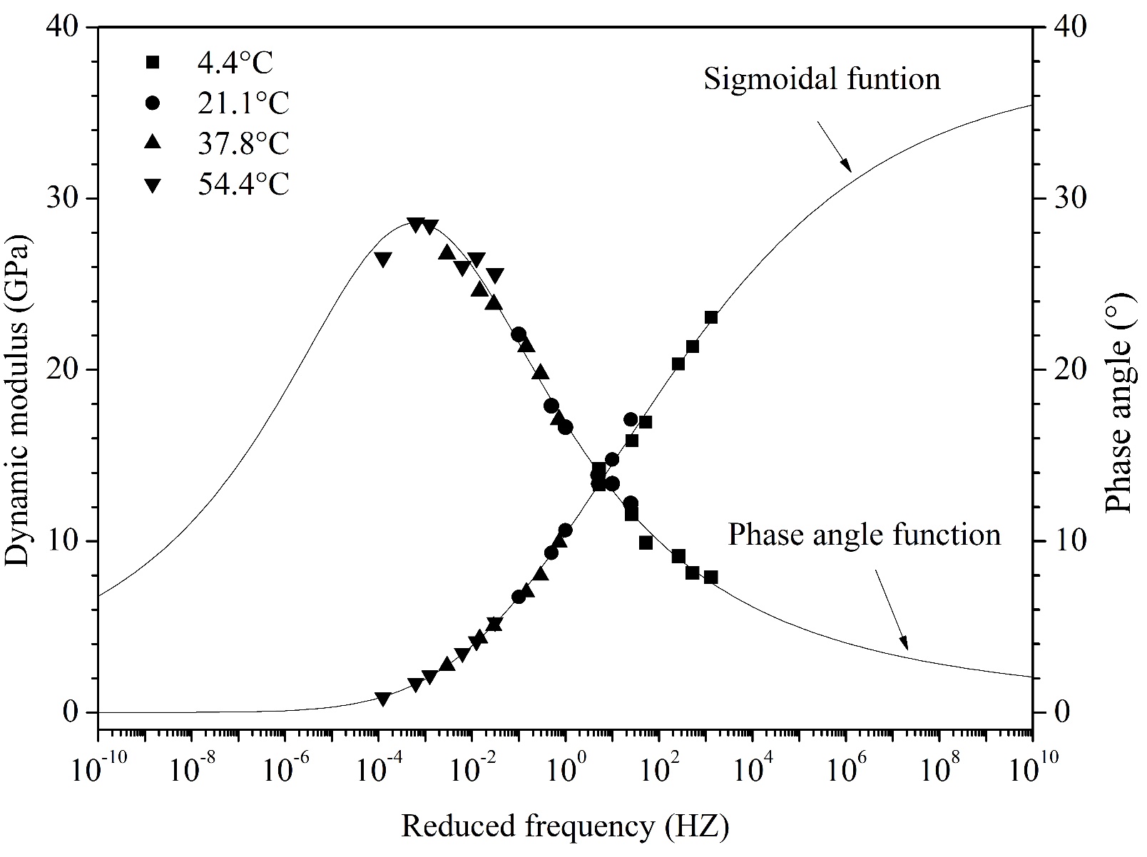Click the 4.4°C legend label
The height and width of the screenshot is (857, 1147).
(235, 63)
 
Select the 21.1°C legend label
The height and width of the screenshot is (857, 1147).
(243, 103)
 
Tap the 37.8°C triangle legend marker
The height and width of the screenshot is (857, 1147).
(153, 143)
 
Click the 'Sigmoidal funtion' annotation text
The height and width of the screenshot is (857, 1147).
(822, 78)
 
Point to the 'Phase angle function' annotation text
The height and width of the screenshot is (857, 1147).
(864, 534)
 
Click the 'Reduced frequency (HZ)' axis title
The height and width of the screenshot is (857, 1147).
(565, 826)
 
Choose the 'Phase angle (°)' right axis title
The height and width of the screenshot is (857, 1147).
(1120, 403)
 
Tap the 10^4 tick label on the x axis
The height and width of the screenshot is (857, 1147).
(752, 770)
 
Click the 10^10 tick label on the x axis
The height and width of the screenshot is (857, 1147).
(1031, 770)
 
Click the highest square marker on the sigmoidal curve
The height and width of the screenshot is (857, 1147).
(711, 317)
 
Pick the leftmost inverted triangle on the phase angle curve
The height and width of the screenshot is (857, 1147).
(382, 260)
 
